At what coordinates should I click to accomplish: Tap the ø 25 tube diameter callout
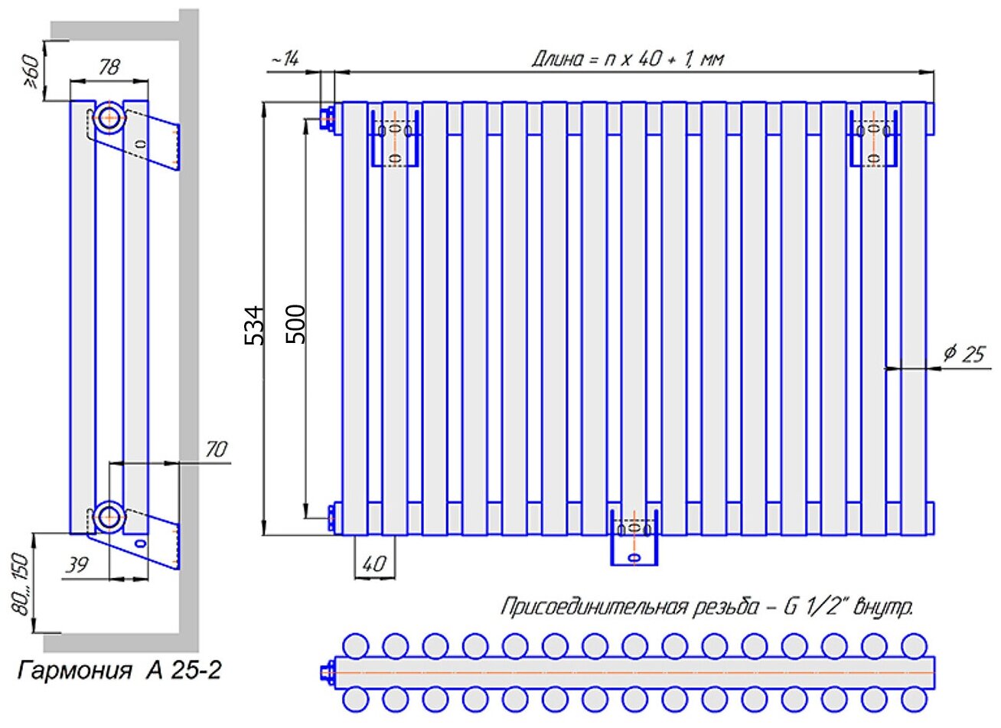point(964,354)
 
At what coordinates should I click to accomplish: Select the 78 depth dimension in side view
point(109,67)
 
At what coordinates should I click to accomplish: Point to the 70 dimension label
point(217,449)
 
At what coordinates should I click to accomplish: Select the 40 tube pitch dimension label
point(373,565)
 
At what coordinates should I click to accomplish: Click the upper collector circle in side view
point(110,118)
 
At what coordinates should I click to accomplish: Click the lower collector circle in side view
point(110,517)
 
